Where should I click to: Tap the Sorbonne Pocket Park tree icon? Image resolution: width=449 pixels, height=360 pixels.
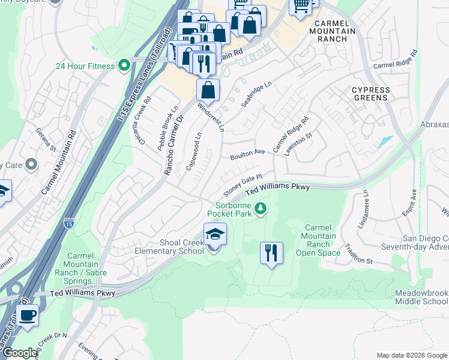(261, 209)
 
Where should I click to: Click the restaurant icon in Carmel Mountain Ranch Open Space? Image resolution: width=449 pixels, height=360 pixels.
(271, 253)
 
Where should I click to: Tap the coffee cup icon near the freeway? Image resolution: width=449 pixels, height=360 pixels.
(28, 314)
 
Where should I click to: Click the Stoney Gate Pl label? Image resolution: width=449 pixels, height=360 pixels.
(243, 185)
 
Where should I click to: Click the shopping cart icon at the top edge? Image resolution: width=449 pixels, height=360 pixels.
(301, 6)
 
